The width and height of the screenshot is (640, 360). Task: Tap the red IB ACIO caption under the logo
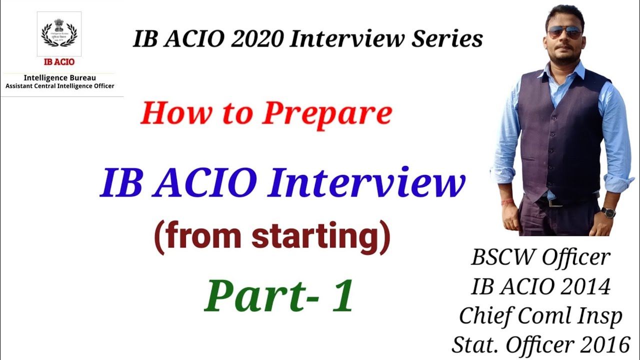59,62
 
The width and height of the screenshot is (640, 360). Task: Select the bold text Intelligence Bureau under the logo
59,78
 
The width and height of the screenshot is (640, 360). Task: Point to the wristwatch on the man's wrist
607,212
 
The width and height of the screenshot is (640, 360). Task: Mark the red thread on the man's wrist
507,201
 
